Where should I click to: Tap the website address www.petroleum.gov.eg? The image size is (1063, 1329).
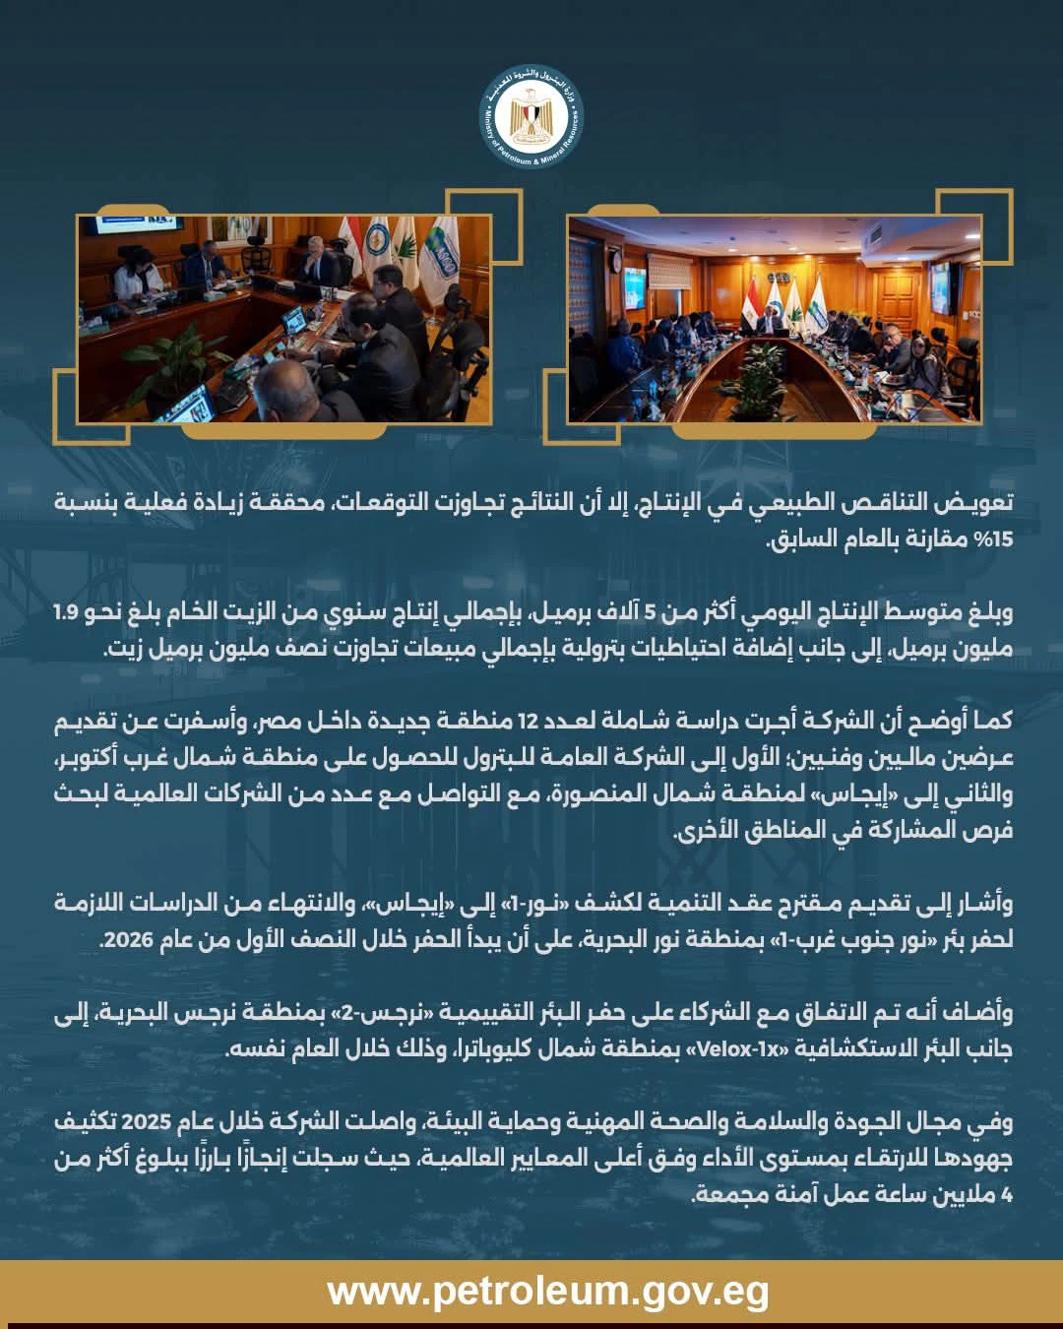click(x=548, y=1291)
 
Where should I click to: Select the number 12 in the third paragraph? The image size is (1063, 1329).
click(x=528, y=721)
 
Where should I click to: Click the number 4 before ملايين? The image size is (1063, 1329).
click(x=1006, y=1194)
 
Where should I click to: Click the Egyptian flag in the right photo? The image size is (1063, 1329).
click(x=750, y=300)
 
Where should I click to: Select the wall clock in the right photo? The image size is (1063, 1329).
click(x=615, y=264)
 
